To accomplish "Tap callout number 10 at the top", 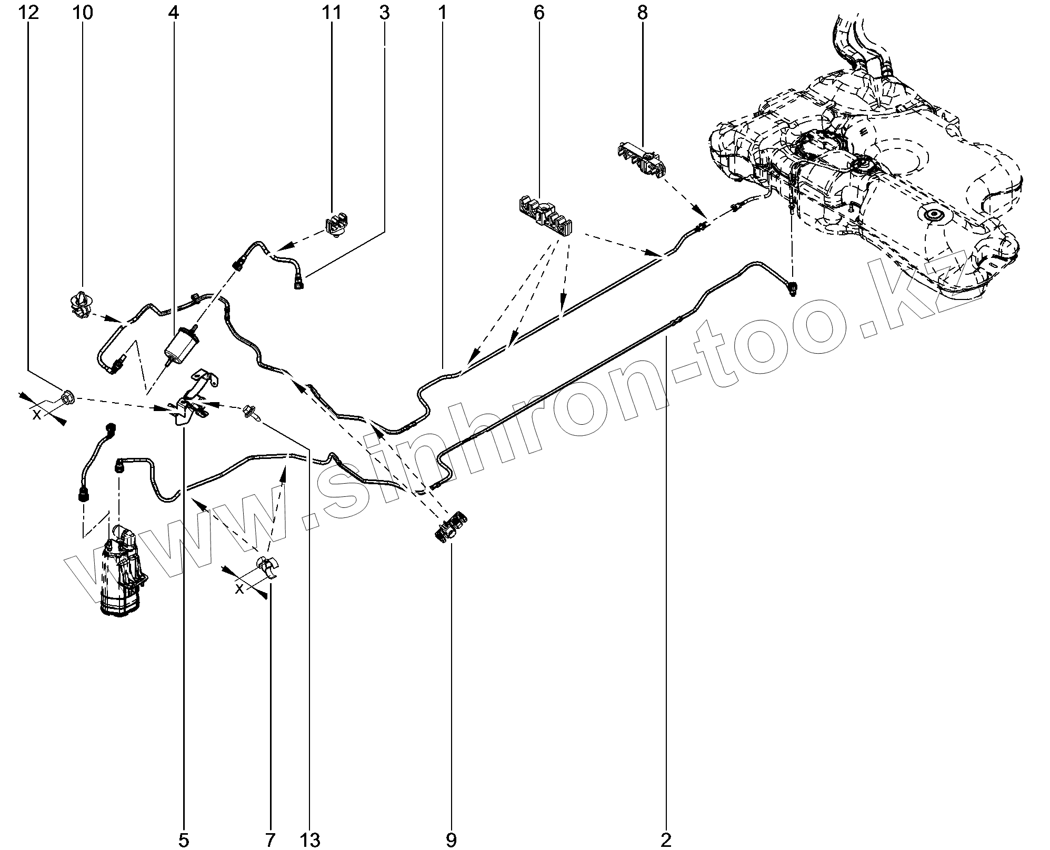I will [x=83, y=12].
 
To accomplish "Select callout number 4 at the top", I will [x=174, y=12].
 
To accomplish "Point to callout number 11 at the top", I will [x=332, y=12].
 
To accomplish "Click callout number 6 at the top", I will [x=538, y=12].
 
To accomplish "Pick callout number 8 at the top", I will [x=642, y=12].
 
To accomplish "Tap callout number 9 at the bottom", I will [x=451, y=840].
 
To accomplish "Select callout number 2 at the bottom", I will [x=666, y=840].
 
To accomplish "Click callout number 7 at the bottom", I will [x=269, y=840].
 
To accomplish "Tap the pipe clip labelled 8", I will [x=641, y=157].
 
